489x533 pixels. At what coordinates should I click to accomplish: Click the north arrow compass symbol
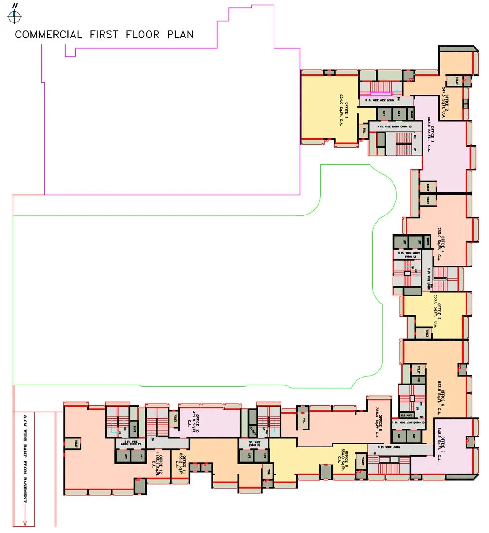pyautogui.click(x=15, y=16)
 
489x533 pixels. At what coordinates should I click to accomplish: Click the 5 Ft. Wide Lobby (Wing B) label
pyautogui.click(x=390, y=126)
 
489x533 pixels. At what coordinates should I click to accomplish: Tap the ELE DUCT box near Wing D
pyautogui.click(x=407, y=415)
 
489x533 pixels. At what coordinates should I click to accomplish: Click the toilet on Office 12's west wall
pyautogui.click(x=73, y=444)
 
